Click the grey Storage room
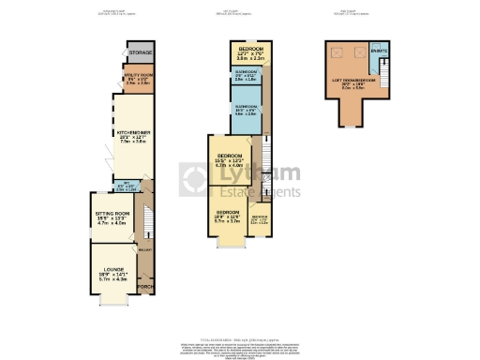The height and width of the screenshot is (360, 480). tap(140, 53)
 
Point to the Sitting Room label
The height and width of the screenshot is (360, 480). tap(112, 217)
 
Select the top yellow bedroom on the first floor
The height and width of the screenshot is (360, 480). tap(249, 52)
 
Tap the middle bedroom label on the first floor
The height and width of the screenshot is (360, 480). tap(231, 159)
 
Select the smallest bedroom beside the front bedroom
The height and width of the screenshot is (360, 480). tap(260, 221)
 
